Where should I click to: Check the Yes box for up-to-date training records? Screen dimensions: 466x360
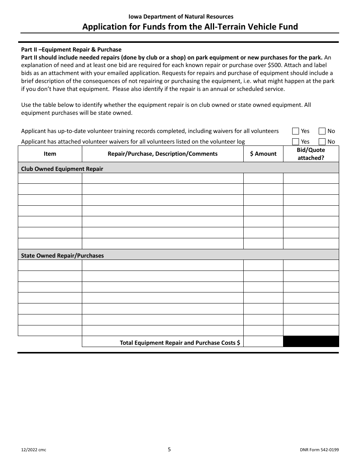coord(296,131)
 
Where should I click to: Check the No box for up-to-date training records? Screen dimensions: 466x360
coord(322,131)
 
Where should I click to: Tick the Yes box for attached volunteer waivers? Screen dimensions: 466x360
coord(296,142)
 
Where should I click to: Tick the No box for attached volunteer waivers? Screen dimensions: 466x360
coord(322,142)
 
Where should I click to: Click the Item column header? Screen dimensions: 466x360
coord(50,154)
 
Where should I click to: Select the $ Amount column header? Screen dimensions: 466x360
coord(263,154)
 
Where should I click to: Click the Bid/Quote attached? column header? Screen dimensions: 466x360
coord(311,154)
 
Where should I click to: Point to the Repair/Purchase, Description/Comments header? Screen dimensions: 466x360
coord(163,154)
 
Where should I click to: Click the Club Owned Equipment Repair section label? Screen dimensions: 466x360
coord(62,169)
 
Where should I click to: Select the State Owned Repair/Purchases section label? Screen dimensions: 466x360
coord(62,256)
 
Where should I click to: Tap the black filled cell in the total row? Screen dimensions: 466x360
coord(311,342)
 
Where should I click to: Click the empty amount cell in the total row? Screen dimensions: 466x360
coord(263,342)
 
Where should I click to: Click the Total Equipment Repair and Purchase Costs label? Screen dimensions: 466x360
coord(180,342)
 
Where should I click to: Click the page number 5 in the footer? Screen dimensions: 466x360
coord(169,450)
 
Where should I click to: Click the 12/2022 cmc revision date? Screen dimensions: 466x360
coord(33,450)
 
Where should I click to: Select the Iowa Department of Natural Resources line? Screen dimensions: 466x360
coord(181,17)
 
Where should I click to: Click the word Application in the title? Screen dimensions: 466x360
coord(102,27)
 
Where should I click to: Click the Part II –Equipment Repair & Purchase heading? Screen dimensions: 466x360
coord(71,50)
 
